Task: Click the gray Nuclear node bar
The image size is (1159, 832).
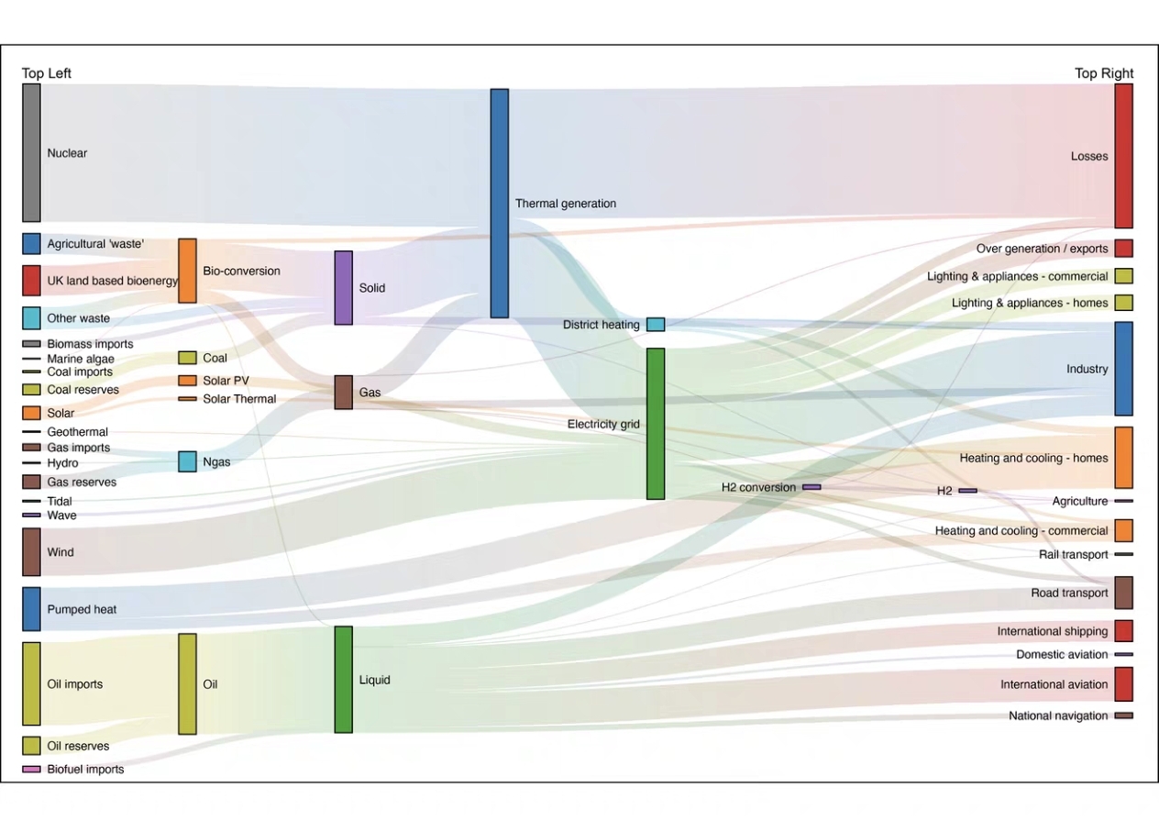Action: point(31,152)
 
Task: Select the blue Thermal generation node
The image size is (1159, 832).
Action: point(500,203)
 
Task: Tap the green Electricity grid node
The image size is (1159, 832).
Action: point(656,424)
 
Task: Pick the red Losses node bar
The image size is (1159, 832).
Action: point(1124,156)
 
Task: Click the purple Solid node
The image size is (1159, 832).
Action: point(344,288)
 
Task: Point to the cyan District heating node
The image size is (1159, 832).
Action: point(656,325)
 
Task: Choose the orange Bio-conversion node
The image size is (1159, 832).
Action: point(187,271)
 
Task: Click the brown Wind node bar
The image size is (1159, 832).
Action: point(31,552)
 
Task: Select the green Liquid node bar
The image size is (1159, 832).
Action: point(344,680)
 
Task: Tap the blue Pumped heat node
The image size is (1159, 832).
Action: point(31,609)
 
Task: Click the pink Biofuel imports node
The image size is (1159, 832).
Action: point(31,770)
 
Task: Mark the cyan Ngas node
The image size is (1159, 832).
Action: point(187,461)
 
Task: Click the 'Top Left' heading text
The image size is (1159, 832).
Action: point(47,73)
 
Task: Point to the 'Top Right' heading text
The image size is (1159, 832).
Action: point(1104,73)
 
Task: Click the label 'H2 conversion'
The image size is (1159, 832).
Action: point(758,487)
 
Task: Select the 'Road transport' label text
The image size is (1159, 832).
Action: point(1069,593)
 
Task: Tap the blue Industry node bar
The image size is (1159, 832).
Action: point(1124,369)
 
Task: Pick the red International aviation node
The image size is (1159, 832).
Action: point(1124,684)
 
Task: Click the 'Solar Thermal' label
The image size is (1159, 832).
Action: point(239,399)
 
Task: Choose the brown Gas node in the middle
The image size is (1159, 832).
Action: point(344,393)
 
